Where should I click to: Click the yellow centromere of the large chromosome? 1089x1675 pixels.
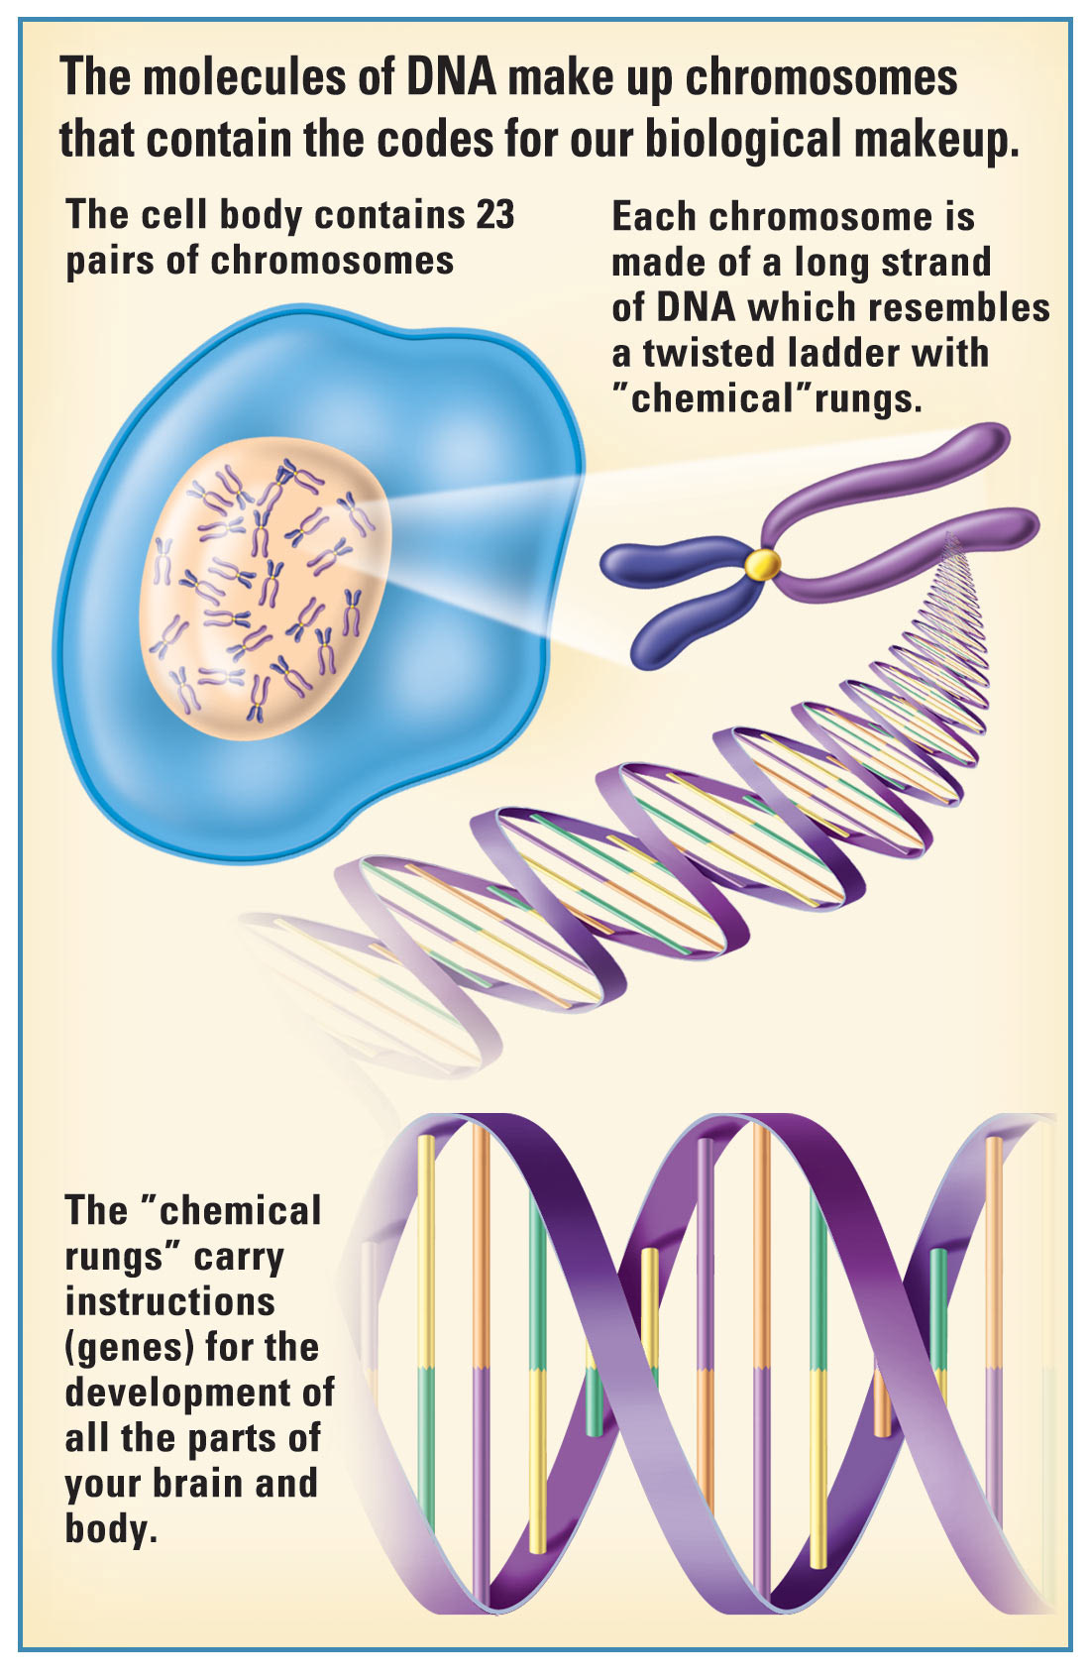pos(762,565)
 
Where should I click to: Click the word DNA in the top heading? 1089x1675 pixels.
pos(451,77)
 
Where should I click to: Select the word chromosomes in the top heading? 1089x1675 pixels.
pos(821,77)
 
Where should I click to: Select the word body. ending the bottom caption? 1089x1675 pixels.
pos(111,1529)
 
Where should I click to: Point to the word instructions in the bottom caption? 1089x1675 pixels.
pos(169,1301)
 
